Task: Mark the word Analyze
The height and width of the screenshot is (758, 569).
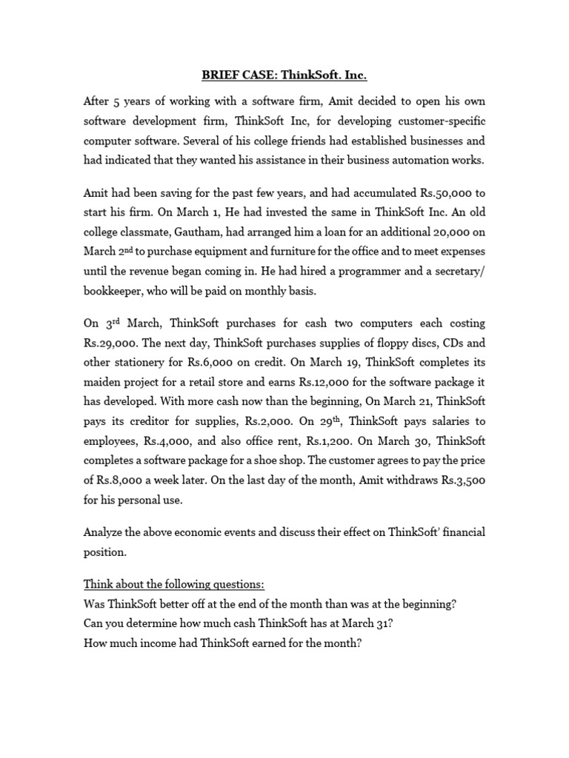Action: tap(106, 531)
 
